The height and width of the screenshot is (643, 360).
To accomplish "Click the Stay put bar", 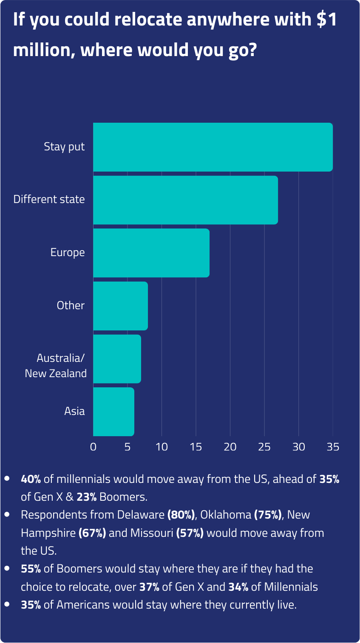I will pyautogui.click(x=213, y=147).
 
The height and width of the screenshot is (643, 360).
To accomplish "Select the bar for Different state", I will pyautogui.click(x=185, y=200).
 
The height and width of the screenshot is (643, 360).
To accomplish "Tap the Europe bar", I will pyautogui.click(x=151, y=253).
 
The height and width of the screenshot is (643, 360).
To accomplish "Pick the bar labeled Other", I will pyautogui.click(x=120, y=306).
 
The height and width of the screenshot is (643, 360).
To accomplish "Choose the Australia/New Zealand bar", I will pyautogui.click(x=117, y=358).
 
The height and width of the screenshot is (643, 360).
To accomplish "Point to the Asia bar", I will pyautogui.click(x=113, y=412).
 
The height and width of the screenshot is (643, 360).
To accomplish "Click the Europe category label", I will pyautogui.click(x=68, y=253).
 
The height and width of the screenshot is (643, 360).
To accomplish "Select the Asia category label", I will pyautogui.click(x=74, y=412).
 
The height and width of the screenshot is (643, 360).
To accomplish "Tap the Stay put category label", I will pyautogui.click(x=64, y=147).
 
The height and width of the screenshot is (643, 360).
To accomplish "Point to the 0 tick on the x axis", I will pyautogui.click(x=93, y=447).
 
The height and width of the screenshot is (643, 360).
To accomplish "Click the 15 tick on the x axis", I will pyautogui.click(x=196, y=447).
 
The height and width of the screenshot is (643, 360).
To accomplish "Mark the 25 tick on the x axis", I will pyautogui.click(x=264, y=447).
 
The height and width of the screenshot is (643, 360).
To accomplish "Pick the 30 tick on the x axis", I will pyautogui.click(x=299, y=447).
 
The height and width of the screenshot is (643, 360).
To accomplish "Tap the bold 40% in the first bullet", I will pyautogui.click(x=31, y=479).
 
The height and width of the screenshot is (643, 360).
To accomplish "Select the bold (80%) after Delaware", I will pyautogui.click(x=181, y=515).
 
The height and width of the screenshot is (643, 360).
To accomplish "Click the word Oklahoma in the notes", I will pyautogui.click(x=226, y=515).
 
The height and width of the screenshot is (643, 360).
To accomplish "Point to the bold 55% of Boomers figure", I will pyautogui.click(x=31, y=569).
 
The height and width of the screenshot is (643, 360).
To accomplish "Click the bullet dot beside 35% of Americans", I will pyautogui.click(x=7, y=604).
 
